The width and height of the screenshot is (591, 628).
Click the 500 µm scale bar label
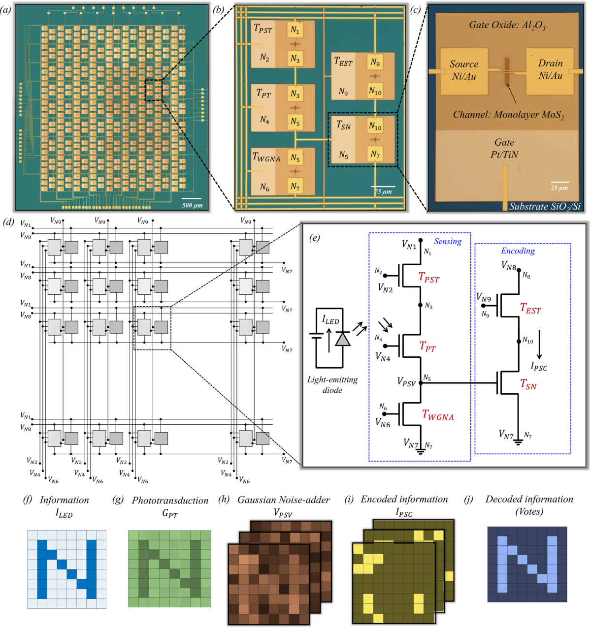[192, 205]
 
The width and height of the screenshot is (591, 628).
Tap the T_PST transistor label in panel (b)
[263, 29]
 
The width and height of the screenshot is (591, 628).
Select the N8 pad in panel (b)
[375, 63]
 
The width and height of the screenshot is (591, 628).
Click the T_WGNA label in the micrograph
[266, 157]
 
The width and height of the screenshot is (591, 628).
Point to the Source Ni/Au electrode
[464, 70]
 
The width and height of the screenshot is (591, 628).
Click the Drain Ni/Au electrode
[550, 69]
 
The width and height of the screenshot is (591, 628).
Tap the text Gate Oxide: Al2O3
[507, 25]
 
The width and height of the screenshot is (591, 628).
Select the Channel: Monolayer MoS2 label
[508, 115]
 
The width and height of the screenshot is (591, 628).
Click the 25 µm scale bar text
[559, 188]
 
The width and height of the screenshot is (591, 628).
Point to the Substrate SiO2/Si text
[545, 207]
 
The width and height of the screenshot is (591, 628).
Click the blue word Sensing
[447, 241]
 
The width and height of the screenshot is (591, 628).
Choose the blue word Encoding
[518, 251]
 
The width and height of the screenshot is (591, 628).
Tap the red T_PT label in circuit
[427, 347]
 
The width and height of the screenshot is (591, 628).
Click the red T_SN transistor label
[528, 385]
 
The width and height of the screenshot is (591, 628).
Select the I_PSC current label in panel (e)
[539, 367]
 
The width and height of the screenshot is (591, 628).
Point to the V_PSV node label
[406, 382]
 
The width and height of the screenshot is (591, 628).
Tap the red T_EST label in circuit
[530, 309]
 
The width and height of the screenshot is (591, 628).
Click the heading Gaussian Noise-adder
[284, 500]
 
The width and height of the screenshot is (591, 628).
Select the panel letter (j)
[468, 500]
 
